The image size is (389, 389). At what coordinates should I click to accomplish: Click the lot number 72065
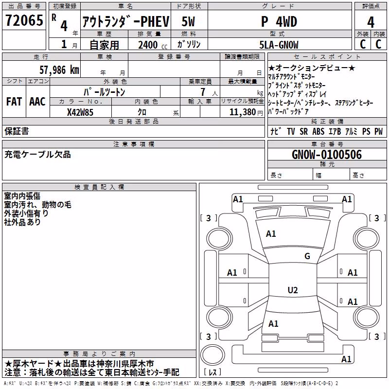pyautogui.click(x=24, y=20)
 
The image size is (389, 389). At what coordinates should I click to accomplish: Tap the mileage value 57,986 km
pyautogui.click(x=59, y=70)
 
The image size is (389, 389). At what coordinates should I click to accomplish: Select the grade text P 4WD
pyautogui.click(x=279, y=22)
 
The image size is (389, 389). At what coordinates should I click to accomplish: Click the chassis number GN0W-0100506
pyautogui.click(x=327, y=155)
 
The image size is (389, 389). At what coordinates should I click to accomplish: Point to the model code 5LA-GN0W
pyautogui.click(x=279, y=45)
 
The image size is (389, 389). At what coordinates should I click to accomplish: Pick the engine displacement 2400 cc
pyautogui.click(x=153, y=45)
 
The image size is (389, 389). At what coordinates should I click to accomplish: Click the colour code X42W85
pyautogui.click(x=80, y=112)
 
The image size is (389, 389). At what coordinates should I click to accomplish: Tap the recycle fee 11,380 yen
pyautogui.click(x=246, y=112)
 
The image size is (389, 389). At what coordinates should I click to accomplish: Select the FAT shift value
pyautogui.click(x=14, y=102)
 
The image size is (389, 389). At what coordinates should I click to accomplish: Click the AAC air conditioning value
pyautogui.click(x=37, y=102)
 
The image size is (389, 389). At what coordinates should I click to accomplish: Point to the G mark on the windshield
pyautogui.click(x=307, y=256)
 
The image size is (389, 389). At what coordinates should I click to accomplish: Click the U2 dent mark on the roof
pyautogui.click(x=293, y=290)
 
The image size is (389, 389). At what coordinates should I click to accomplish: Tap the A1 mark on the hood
pyautogui.click(x=271, y=234)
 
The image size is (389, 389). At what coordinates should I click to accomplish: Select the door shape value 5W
pyautogui.click(x=188, y=21)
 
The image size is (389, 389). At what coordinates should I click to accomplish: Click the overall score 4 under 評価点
pyautogui.click(x=371, y=22)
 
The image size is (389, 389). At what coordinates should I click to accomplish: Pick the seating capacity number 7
pyautogui.click(x=203, y=92)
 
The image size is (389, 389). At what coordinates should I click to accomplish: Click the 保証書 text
pyautogui.click(x=17, y=131)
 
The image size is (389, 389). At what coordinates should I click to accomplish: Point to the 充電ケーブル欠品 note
pyautogui.click(x=37, y=155)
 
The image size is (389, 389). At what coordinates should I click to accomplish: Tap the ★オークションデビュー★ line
pyautogui.click(x=312, y=68)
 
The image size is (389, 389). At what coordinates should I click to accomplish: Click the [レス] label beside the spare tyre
pyautogui.click(x=212, y=372)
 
